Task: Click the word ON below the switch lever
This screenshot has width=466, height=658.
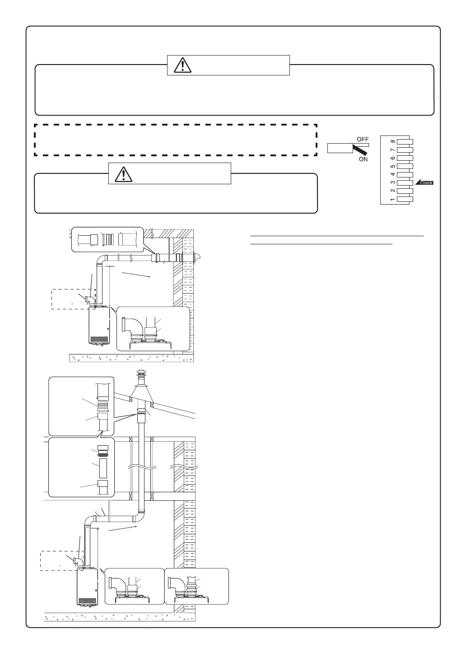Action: (363, 159)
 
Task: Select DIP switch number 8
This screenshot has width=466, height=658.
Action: (405, 141)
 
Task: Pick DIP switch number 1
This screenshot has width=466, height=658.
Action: (405, 199)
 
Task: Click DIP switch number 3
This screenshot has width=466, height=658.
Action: (405, 183)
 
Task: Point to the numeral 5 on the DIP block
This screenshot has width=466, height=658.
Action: (393, 166)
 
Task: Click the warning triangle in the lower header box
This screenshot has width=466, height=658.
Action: (123, 173)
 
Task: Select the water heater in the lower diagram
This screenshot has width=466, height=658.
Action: (88, 587)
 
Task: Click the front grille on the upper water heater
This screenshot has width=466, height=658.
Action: (98, 339)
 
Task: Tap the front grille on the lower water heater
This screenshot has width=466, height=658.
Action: (87, 600)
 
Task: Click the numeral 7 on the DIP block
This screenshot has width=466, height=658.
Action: (393, 150)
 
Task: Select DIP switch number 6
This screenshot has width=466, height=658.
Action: (405, 158)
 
